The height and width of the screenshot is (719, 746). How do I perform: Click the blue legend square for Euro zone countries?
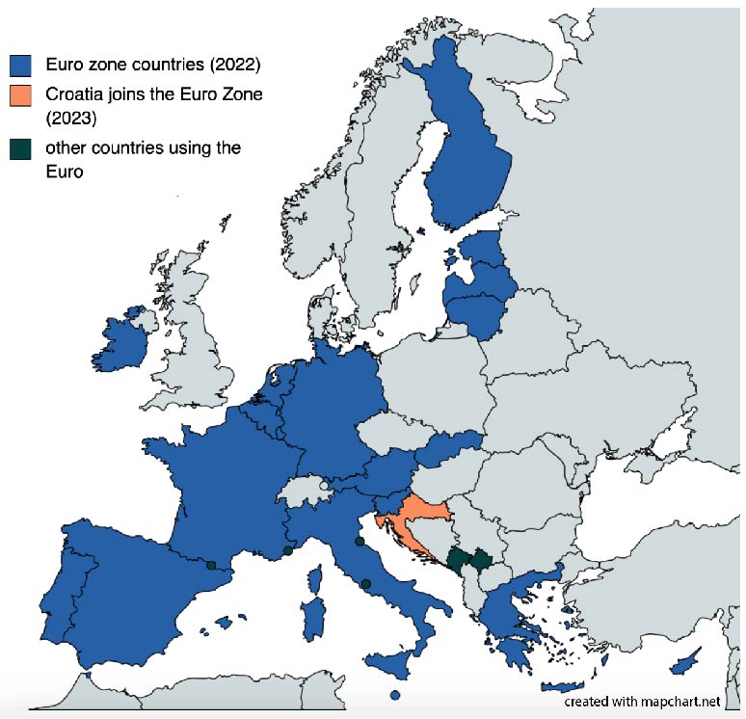coord(20,65)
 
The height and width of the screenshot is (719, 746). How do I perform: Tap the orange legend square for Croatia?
coord(20,95)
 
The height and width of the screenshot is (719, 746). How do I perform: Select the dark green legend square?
coord(20,148)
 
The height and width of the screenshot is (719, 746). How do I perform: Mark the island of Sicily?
coord(390,663)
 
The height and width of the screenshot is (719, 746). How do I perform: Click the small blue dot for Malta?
coord(394,695)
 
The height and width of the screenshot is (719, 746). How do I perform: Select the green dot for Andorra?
coord(210,566)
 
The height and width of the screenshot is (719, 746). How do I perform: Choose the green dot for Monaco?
coord(287,551)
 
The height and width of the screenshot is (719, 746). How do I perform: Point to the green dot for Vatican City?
coord(365,583)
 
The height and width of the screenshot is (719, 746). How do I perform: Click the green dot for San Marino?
coord(360,542)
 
